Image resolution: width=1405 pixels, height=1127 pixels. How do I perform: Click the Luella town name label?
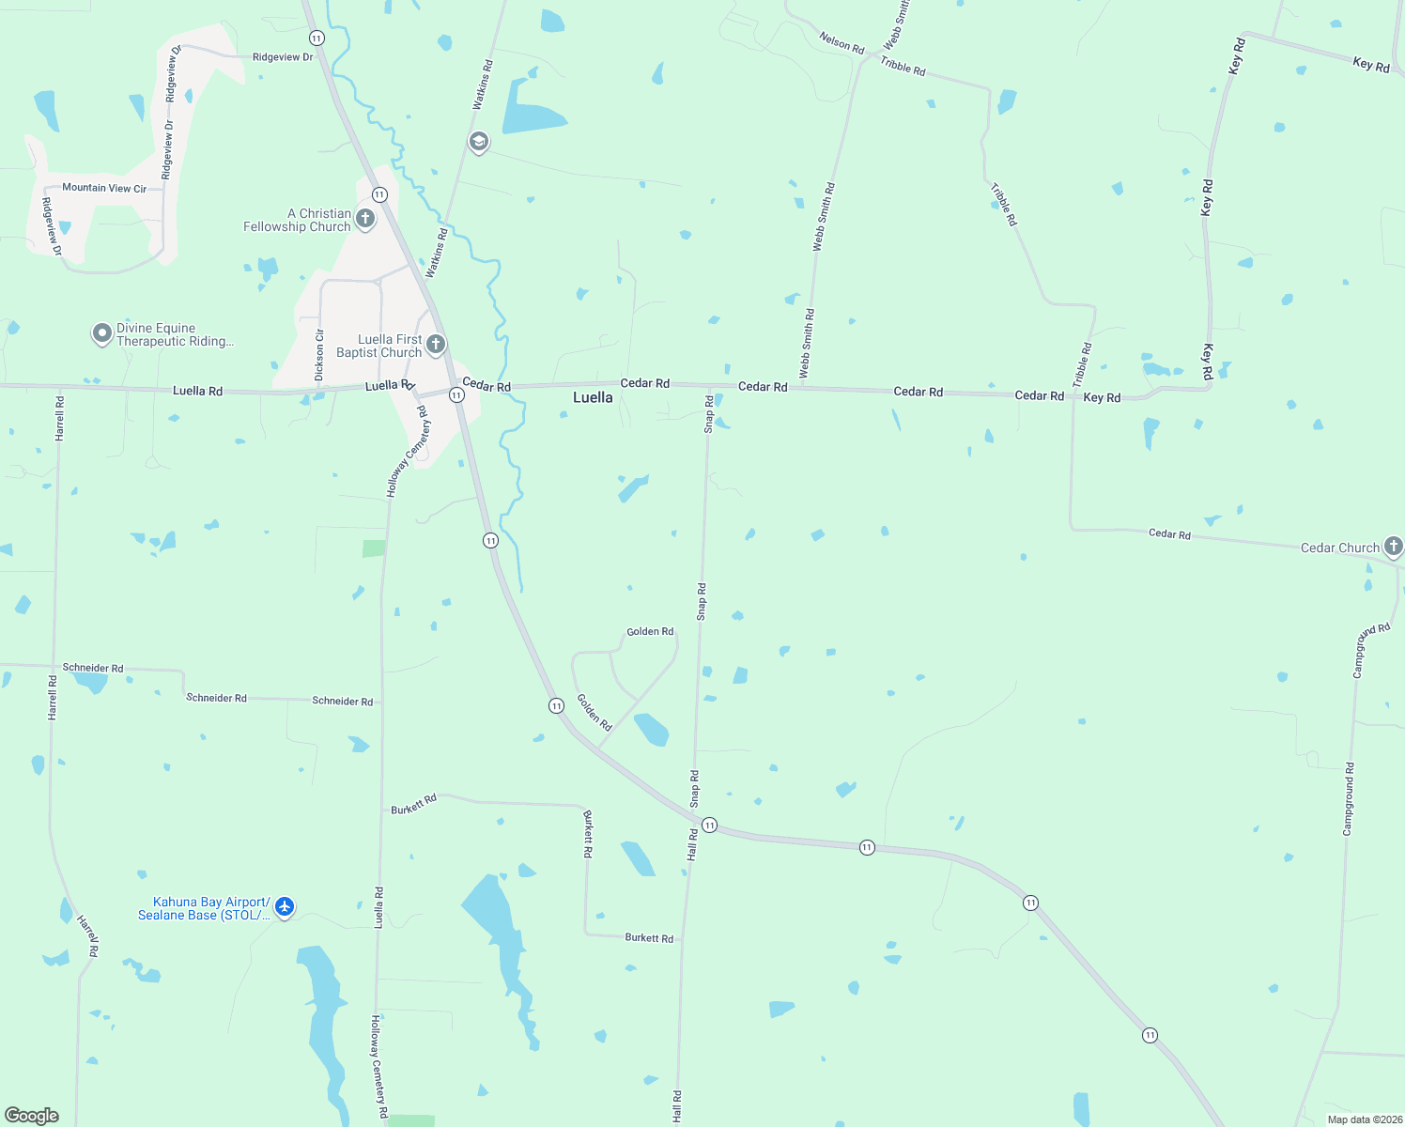point(593,397)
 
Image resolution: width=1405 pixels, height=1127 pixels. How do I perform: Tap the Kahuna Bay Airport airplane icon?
point(285,907)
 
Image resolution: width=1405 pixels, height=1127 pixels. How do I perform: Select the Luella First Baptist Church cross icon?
point(436,345)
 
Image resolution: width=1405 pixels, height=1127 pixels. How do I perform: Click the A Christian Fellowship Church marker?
point(365,219)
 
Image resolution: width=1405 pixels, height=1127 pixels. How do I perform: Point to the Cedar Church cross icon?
point(1394,546)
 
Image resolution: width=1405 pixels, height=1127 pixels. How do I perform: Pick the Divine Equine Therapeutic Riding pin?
point(102,333)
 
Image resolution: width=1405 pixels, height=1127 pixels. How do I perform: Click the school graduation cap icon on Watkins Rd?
point(479,142)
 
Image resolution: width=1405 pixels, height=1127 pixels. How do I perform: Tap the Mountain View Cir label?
point(104,188)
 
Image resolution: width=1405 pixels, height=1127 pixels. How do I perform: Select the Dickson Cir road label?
point(319,354)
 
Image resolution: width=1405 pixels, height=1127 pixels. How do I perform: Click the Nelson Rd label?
point(841,42)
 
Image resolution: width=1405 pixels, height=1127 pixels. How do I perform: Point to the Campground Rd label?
point(1349,799)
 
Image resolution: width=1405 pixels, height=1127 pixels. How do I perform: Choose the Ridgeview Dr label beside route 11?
point(283,57)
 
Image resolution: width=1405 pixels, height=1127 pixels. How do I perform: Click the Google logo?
point(32,1116)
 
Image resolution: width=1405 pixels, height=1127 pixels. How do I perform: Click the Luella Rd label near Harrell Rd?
point(197,391)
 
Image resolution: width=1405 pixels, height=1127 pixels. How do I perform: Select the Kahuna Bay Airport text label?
point(204,908)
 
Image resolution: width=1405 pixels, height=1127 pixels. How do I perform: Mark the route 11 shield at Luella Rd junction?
point(456,395)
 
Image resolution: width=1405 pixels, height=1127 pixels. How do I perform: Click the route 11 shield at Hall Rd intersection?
point(710,826)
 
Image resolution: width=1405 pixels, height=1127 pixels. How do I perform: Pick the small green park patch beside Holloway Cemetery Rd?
point(374,548)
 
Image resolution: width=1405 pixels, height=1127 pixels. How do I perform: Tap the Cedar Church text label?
point(1339,548)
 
